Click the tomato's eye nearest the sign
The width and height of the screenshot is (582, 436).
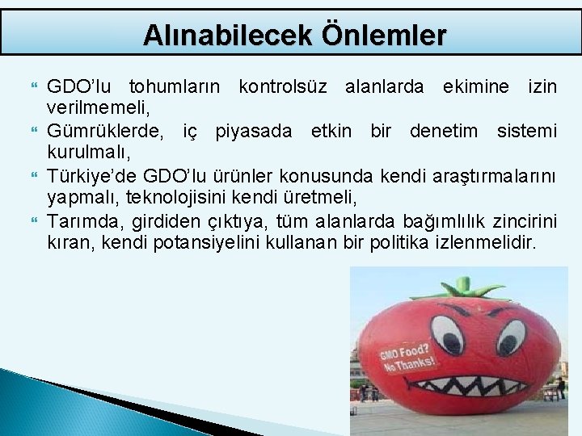pyautogui.click(x=445, y=330)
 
